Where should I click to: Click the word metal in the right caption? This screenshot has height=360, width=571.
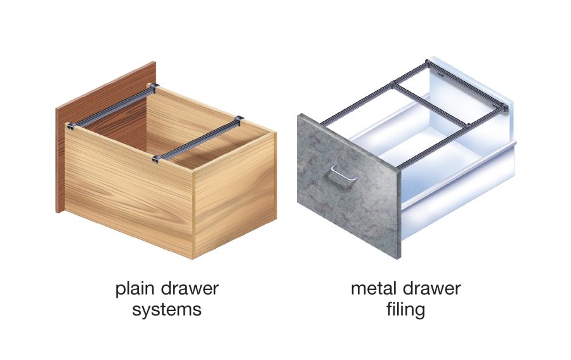(374, 289)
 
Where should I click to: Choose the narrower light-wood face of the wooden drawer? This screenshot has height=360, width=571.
(235, 190)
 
